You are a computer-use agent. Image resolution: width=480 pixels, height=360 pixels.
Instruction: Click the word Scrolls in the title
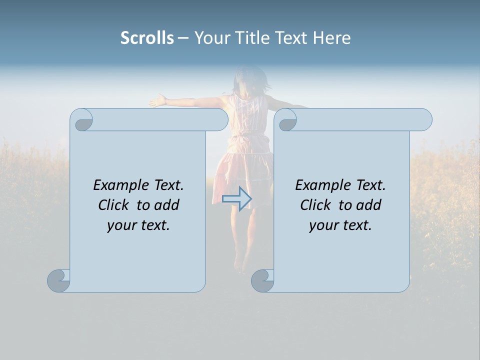(147, 38)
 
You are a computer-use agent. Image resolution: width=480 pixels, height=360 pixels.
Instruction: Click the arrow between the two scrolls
(236, 198)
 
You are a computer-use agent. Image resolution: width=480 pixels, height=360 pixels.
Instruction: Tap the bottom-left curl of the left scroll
(58, 280)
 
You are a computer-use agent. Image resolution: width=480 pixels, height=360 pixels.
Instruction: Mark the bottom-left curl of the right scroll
(262, 280)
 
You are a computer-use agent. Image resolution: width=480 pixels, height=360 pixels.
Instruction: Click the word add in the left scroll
(167, 205)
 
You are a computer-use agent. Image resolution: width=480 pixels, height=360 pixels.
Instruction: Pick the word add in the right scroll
(369, 205)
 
